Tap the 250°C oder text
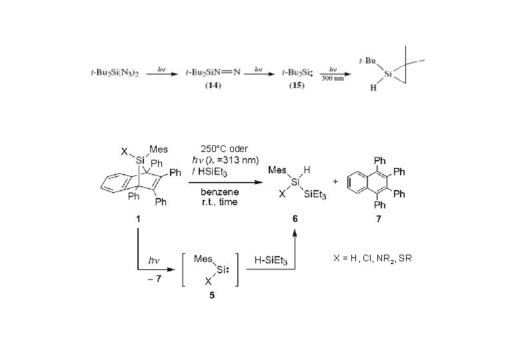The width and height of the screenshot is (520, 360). (220, 149)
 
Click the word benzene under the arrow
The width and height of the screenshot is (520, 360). (219, 190)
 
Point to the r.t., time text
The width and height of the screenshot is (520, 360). (219, 201)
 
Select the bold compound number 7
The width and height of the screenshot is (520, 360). (379, 219)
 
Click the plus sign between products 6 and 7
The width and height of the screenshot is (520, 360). (335, 181)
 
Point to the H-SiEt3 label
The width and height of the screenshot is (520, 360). (271, 261)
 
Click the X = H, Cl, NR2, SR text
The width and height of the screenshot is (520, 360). (373, 257)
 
